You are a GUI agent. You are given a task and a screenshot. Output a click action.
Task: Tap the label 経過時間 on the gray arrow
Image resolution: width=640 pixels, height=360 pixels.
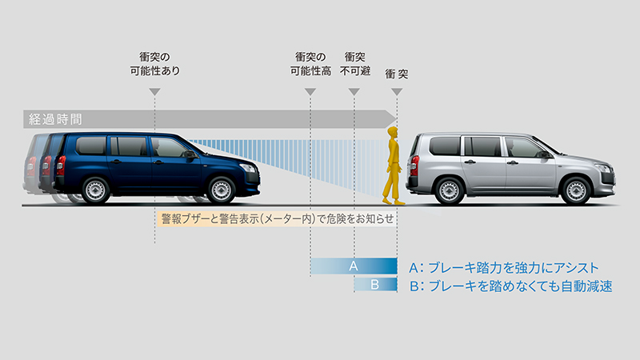point(55,119)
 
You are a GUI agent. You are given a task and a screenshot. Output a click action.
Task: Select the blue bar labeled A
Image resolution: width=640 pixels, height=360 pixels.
point(354,266)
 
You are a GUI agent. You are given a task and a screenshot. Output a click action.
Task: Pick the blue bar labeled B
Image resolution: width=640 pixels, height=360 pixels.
point(375,285)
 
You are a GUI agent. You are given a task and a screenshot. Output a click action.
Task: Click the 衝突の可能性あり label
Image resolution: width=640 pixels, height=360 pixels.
point(154,64)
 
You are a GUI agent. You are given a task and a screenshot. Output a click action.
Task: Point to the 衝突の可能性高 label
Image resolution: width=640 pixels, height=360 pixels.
point(310,64)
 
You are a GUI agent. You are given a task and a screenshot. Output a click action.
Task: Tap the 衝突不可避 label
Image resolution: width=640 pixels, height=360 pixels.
point(354,64)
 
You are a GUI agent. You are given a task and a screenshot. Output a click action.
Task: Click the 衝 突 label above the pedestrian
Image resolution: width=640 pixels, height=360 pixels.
point(397,74)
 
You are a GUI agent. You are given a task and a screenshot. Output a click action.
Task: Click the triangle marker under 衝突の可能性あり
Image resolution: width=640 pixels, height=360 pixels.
point(154,92)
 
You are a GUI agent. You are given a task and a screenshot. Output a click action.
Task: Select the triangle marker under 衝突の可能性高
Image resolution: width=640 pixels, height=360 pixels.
point(310,92)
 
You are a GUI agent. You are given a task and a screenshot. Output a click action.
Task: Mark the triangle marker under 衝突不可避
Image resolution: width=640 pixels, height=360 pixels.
point(354,92)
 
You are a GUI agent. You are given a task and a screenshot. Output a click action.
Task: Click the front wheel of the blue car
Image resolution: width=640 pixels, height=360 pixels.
point(222,190)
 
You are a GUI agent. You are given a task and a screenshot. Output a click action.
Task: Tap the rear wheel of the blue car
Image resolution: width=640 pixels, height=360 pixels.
point(95,190)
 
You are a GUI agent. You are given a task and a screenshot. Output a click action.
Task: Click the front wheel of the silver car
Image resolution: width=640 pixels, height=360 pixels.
point(576,190)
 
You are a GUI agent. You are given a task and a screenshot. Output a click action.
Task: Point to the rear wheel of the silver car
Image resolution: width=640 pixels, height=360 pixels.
point(450,190)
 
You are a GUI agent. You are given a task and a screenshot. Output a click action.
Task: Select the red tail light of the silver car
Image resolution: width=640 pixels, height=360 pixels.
point(414,166)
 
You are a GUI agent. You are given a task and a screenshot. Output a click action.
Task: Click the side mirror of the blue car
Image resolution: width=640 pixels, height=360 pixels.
point(190,154)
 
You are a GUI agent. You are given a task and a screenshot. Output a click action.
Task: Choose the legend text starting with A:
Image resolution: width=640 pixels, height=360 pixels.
point(504,268)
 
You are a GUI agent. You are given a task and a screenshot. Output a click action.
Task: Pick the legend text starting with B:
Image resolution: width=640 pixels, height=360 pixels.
point(510,286)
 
